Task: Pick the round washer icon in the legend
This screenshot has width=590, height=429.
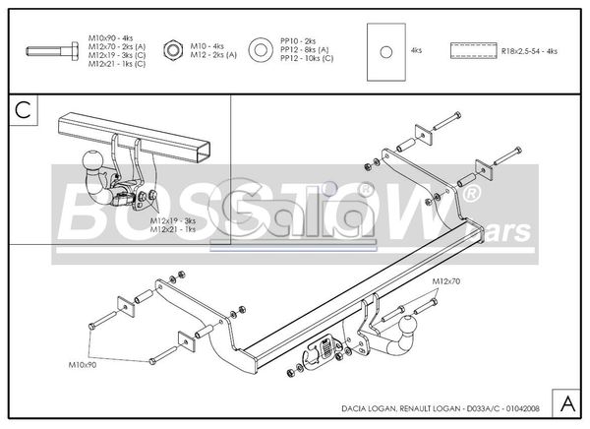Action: coord(262,48)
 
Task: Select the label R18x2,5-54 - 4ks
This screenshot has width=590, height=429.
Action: coord(529,49)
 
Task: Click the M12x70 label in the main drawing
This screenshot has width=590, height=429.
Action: coord(445,282)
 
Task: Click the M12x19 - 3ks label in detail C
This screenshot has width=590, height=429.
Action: coord(173,220)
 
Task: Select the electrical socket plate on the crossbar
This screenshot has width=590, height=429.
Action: coord(324,349)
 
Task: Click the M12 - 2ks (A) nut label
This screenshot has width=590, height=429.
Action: coord(214,54)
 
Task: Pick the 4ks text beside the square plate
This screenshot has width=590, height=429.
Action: coord(416,49)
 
